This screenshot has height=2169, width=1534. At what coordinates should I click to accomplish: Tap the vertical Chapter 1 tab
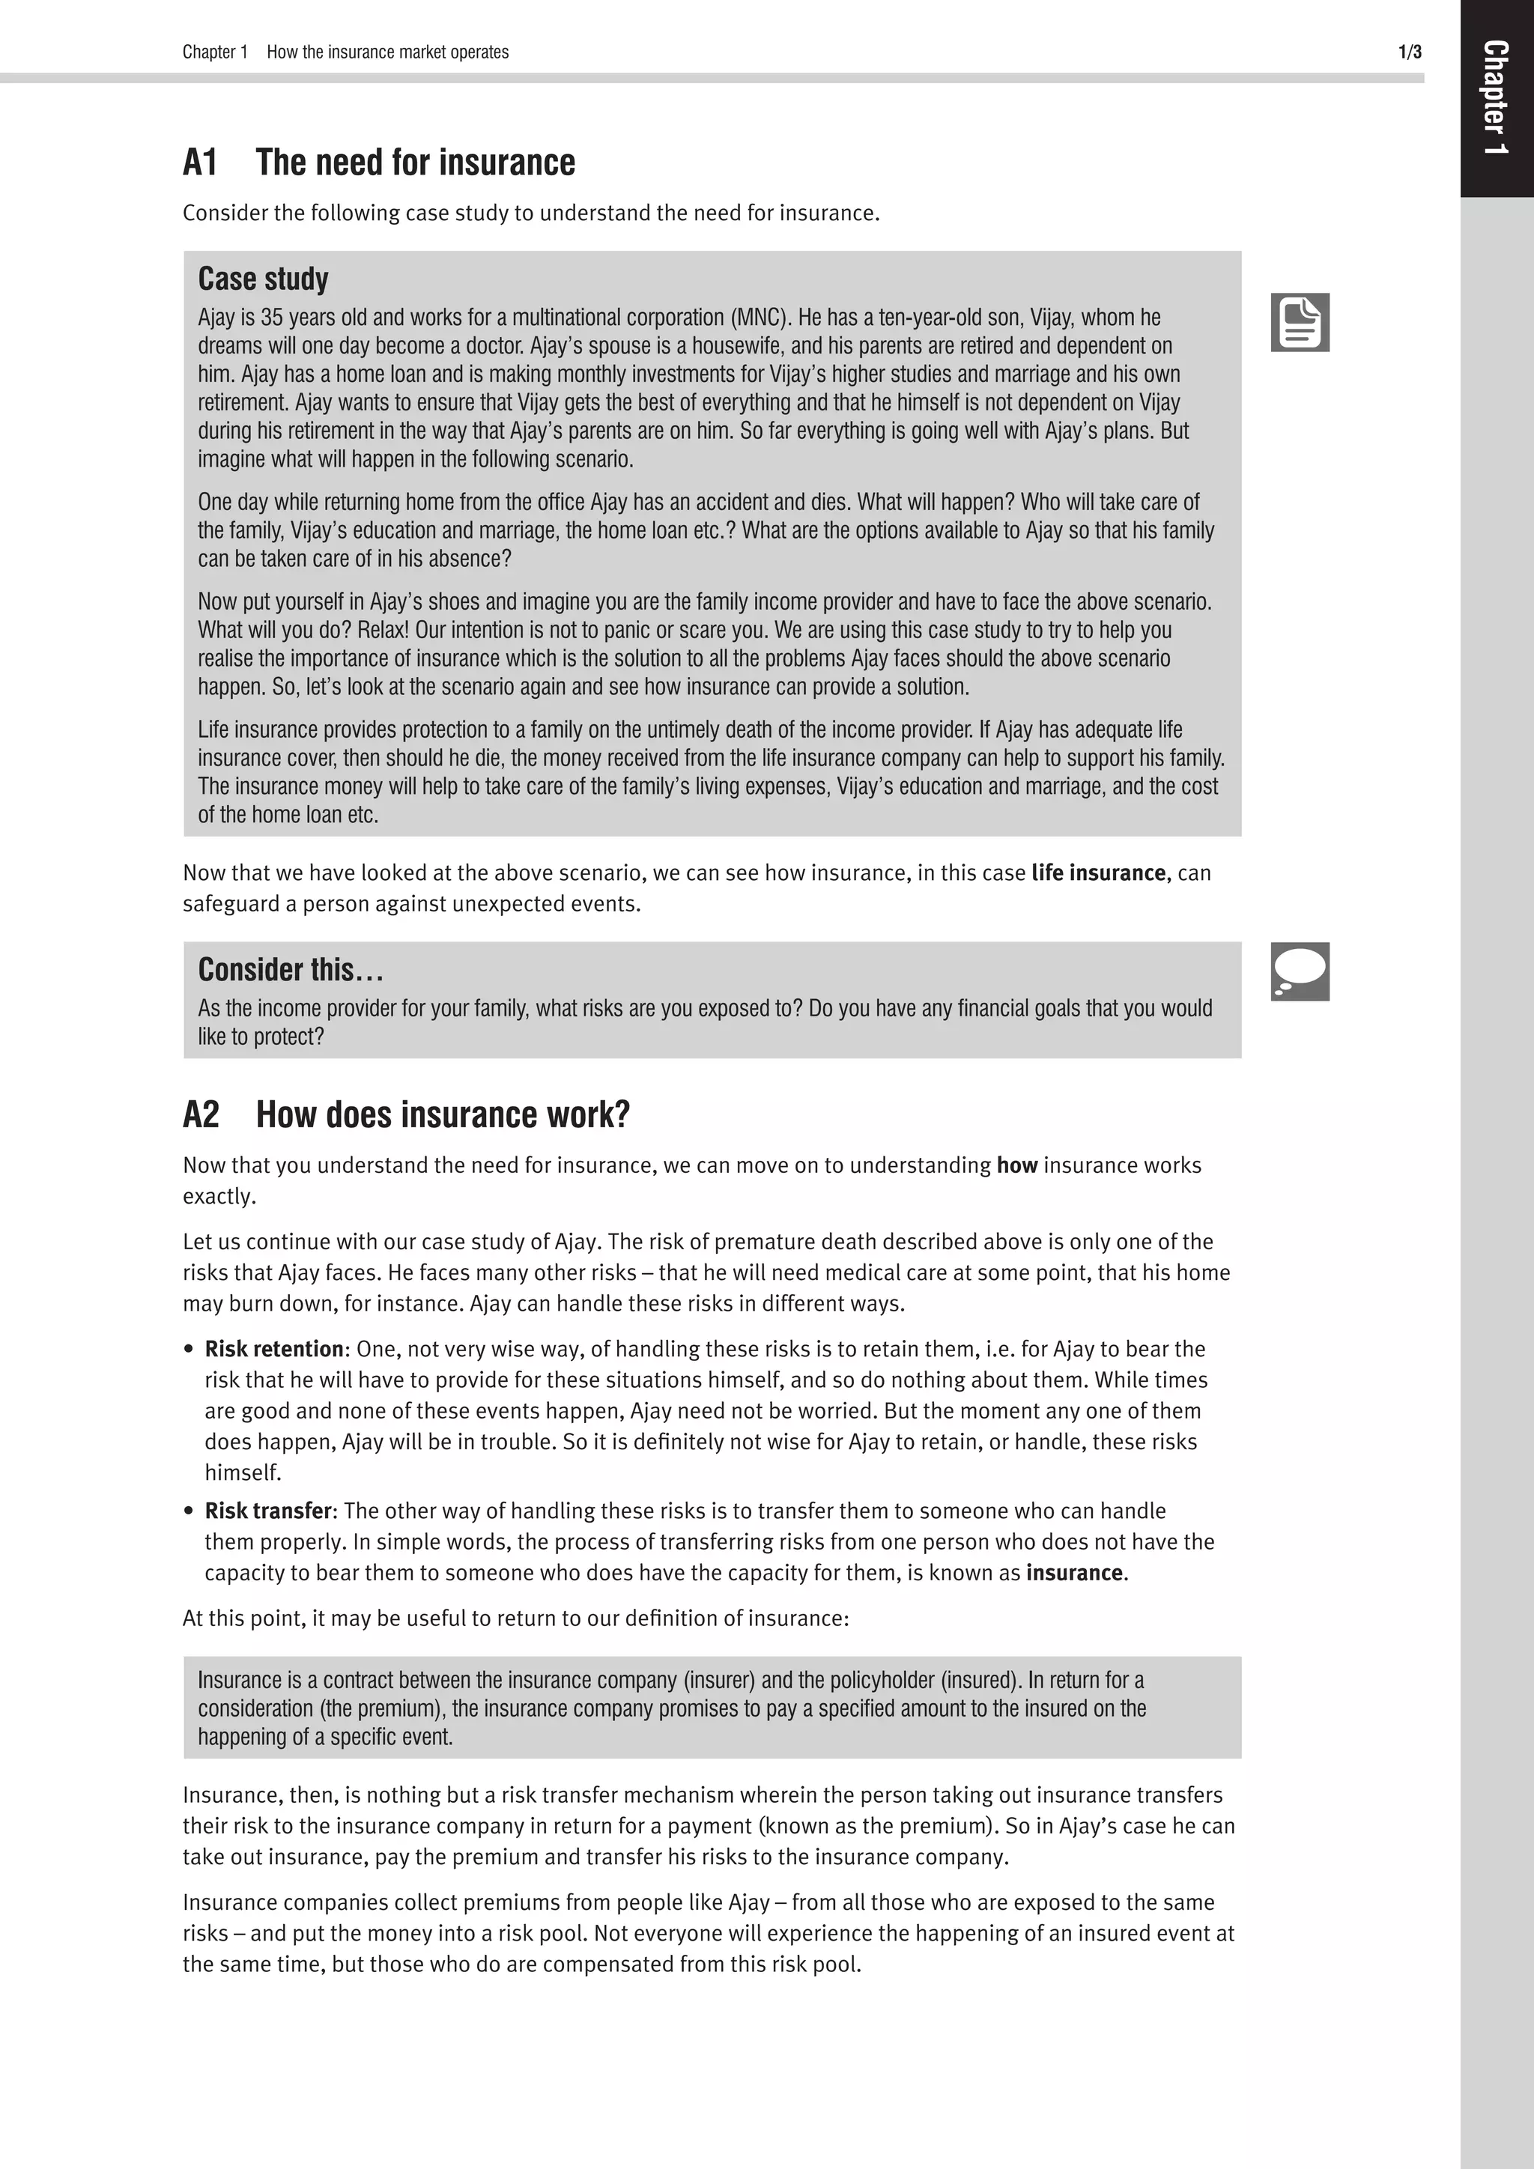1495,97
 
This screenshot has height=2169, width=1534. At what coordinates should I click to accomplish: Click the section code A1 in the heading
200,163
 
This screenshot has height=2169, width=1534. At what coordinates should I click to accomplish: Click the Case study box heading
263,279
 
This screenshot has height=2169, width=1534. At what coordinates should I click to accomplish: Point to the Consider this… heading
290,970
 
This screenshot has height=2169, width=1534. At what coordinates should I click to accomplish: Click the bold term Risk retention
274,1349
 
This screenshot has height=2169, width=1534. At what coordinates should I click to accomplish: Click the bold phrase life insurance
1097,873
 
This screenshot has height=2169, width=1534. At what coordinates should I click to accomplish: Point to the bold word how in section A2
1016,1165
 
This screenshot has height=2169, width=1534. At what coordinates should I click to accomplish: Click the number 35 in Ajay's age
271,318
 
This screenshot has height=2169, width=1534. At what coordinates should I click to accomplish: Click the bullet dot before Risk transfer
189,1511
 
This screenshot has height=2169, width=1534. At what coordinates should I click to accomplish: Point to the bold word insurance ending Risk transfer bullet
1074,1573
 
